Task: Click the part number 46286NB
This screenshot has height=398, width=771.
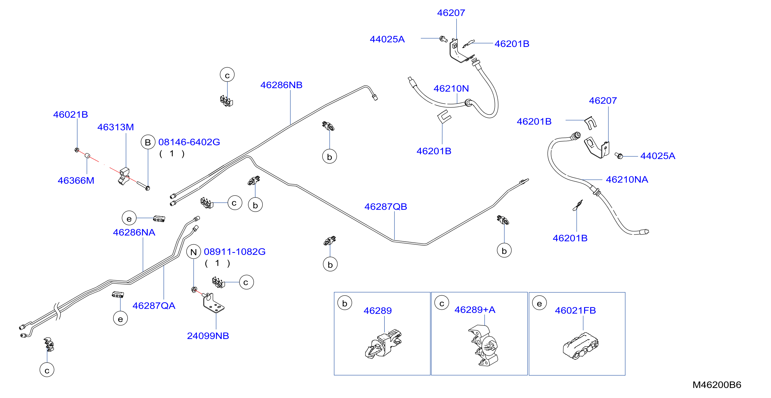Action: [x=281, y=85]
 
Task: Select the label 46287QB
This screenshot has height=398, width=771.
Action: [x=385, y=207]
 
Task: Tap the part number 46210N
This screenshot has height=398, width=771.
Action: [x=451, y=89]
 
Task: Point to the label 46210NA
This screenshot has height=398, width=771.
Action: [x=627, y=179]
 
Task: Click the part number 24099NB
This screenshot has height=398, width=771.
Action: [x=208, y=336]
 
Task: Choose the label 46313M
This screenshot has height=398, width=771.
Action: [x=116, y=127]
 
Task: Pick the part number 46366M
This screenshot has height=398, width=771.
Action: [x=76, y=180]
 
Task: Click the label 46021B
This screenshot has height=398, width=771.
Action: [x=71, y=115]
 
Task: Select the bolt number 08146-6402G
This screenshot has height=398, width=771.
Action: [x=189, y=142]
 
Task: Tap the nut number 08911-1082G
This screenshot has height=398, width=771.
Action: [x=235, y=252]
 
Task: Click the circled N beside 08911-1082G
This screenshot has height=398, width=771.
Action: [x=194, y=252]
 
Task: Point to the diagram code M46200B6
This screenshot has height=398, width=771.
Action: [x=717, y=385]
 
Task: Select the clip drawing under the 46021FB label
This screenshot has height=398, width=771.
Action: [x=581, y=346]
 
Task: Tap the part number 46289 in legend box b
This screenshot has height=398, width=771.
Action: [x=378, y=311]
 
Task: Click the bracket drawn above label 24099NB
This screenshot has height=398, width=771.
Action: [x=213, y=303]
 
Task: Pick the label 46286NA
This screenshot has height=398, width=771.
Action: [x=134, y=233]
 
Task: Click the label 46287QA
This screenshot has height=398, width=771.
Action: [x=154, y=306]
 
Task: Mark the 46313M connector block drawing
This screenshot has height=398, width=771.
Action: [x=124, y=177]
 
